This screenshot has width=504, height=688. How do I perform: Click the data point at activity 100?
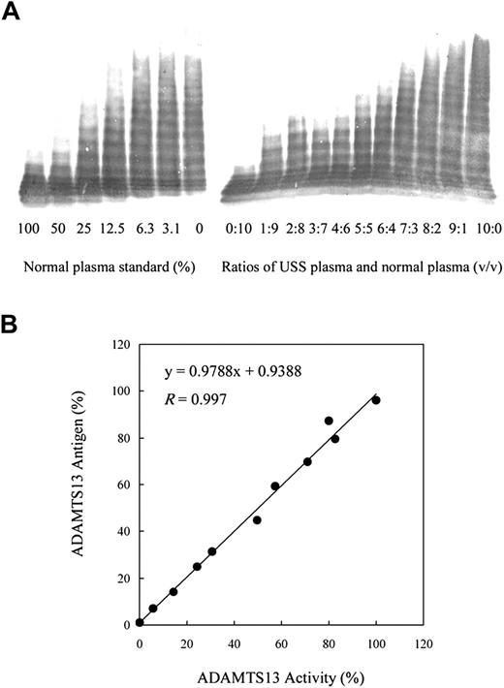pyautogui.click(x=376, y=399)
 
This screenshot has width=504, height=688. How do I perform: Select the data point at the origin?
pyautogui.click(x=140, y=622)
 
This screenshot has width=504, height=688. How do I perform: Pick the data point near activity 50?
pyautogui.click(x=257, y=520)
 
